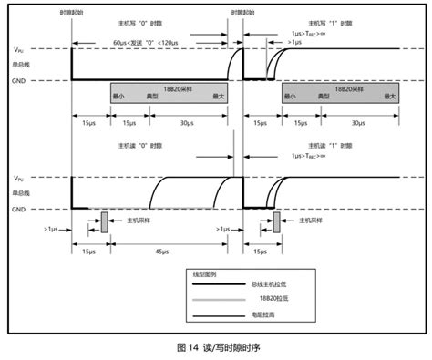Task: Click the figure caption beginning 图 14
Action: coord(215,347)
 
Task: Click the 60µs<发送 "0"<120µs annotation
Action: coord(148,42)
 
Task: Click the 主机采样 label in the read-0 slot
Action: coord(141,220)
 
